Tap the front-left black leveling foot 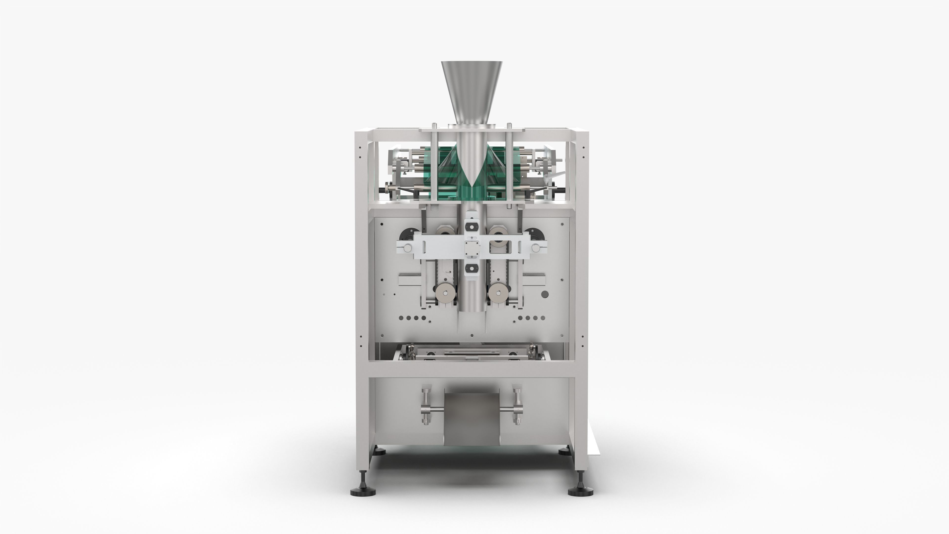363,491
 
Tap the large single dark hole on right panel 544,294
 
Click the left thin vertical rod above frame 435,162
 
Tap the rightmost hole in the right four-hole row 542,318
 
